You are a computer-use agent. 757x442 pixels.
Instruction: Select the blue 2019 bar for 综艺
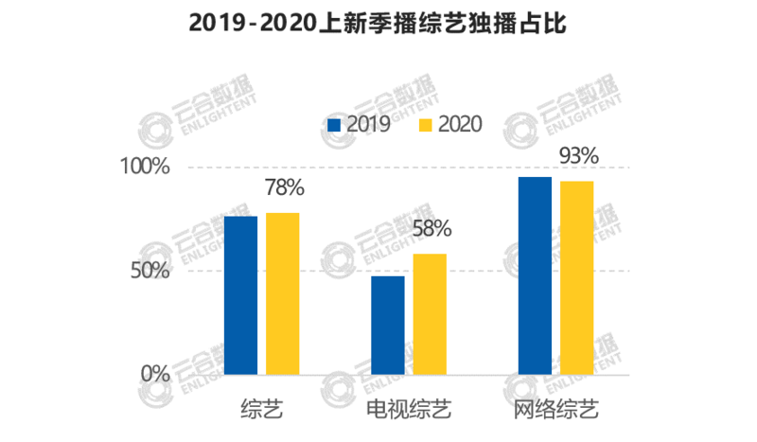point(240,295)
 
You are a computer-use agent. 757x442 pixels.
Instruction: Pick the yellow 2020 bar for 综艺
point(282,293)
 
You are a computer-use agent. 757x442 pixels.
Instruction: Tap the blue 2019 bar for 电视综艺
point(387,325)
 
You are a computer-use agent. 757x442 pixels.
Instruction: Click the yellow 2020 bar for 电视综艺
point(430,313)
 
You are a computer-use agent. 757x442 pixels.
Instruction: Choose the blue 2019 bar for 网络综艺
point(535,275)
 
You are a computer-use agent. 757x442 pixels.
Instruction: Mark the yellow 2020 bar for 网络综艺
point(576,277)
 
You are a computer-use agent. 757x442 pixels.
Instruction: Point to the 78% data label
point(285,187)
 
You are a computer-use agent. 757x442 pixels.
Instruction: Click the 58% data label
point(431,229)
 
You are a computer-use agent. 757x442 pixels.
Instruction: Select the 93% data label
point(578,155)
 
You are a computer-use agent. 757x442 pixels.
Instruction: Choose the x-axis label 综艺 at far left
point(261,411)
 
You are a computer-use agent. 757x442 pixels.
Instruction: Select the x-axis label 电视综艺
point(408,411)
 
